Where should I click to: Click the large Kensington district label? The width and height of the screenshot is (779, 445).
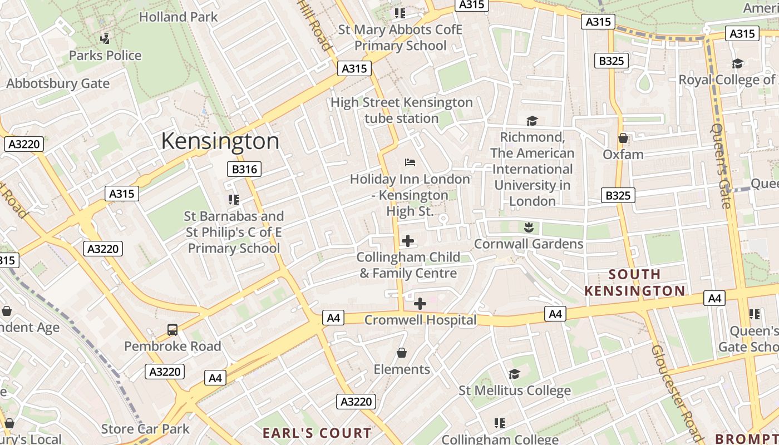point(220,141)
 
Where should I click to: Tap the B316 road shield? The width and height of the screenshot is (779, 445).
point(244,169)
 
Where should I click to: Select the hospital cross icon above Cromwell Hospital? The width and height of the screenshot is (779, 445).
point(420,304)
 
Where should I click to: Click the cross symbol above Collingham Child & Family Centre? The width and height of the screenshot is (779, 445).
point(408,241)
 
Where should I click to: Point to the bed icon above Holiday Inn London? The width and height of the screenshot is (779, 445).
point(410,162)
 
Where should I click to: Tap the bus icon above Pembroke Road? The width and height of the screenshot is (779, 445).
point(172,330)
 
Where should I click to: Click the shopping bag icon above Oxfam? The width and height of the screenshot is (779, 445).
point(623,138)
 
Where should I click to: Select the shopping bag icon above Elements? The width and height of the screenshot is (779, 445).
point(401,353)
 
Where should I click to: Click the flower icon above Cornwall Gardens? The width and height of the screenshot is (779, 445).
point(529,227)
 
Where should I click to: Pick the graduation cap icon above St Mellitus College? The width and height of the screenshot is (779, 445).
point(514,374)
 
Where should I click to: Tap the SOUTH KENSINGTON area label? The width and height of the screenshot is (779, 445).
point(635,283)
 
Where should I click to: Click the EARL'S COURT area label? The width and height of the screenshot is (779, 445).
point(317,433)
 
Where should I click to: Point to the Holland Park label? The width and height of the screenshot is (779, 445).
point(179,17)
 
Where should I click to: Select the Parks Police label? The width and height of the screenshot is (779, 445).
point(105,56)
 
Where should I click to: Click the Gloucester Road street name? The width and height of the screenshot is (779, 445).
point(677,393)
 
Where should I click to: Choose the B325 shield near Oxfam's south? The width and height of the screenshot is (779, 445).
point(618,195)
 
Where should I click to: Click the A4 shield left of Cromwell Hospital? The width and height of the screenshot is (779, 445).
point(333,318)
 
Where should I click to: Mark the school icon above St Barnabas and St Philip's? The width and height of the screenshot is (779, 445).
point(234,199)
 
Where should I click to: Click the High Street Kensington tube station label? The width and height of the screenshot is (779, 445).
point(402,110)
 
